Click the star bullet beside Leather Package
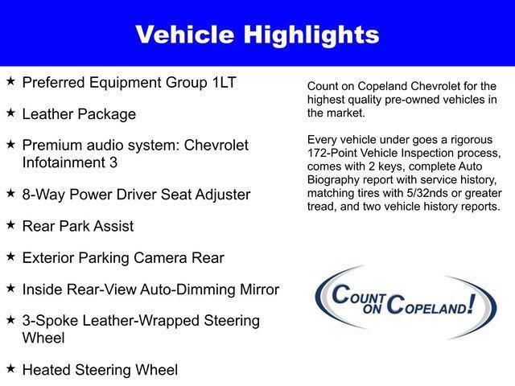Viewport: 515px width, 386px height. point(10,113)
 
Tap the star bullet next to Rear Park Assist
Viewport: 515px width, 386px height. point(10,225)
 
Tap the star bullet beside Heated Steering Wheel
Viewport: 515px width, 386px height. point(10,368)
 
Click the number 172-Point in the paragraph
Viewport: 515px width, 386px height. point(335,152)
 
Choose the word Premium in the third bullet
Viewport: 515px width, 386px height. point(52,146)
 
